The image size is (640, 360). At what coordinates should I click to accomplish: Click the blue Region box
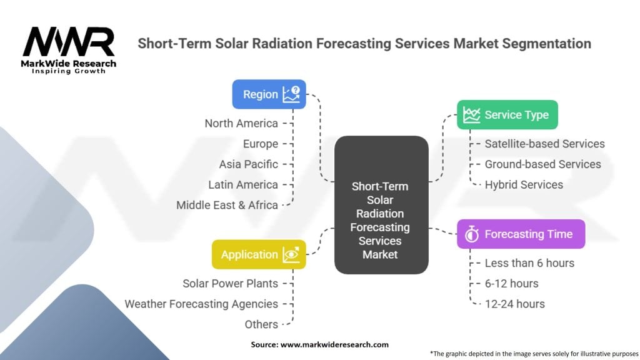(269, 94)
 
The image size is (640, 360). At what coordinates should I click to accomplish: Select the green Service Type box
(507, 115)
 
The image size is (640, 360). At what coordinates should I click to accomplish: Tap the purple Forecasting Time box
(521, 234)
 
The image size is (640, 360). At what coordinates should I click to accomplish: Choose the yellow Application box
(259, 254)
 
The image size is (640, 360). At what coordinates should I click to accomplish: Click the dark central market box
(381, 205)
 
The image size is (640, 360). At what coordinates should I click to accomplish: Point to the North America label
(241, 123)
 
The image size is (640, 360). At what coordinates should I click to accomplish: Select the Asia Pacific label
(249, 164)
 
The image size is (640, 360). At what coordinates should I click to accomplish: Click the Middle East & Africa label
(227, 205)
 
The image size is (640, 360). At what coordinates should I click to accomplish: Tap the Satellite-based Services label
(544, 144)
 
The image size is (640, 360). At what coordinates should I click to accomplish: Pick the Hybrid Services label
(524, 184)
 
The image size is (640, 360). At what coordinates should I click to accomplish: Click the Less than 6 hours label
(529, 263)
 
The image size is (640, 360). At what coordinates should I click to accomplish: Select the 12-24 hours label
(515, 304)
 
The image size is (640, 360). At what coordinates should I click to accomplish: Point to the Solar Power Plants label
(230, 283)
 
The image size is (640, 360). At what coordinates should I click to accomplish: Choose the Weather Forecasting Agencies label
(201, 304)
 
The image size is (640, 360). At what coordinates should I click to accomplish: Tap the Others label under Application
(261, 324)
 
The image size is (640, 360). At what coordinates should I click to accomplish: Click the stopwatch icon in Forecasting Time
(472, 234)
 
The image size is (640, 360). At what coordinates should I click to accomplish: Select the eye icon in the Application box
(291, 254)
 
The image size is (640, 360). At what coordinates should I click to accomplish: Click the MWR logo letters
(69, 42)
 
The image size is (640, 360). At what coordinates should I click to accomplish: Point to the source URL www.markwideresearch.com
(334, 344)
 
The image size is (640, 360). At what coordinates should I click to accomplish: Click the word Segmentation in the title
(546, 44)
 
